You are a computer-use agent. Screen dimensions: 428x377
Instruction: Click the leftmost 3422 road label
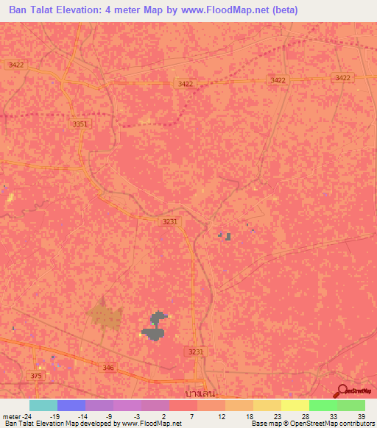tap(16, 65)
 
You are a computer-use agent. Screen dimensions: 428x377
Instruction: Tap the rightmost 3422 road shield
tap(342, 78)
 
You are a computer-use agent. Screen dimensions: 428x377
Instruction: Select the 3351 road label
tap(80, 124)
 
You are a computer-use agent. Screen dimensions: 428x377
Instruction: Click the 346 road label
tap(109, 367)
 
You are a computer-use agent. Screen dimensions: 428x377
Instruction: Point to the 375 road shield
tap(37, 376)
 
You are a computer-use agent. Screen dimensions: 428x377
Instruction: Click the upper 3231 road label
tap(170, 221)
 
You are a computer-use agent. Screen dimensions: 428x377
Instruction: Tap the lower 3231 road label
tap(195, 352)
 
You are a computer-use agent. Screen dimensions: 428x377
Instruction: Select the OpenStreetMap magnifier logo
tap(343, 390)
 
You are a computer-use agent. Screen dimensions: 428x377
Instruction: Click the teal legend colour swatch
tap(43, 405)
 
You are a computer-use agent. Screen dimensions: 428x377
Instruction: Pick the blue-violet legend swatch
tap(71, 405)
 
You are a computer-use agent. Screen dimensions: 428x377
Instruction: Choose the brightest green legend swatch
tap(323, 405)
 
